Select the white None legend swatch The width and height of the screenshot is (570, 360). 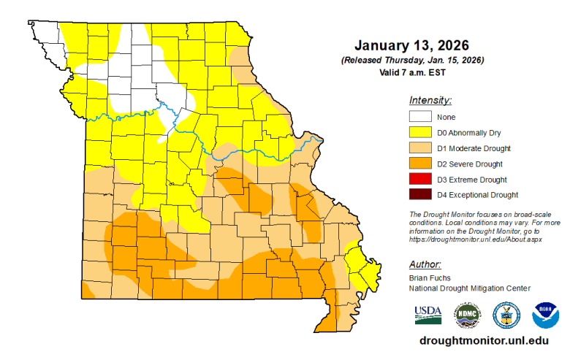[x=419, y=117]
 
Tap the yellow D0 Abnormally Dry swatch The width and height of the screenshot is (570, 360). [x=419, y=132]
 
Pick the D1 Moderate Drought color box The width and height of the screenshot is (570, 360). [x=419, y=148]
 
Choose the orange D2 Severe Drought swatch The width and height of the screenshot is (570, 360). [x=419, y=164]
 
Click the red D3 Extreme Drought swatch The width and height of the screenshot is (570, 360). [x=419, y=179]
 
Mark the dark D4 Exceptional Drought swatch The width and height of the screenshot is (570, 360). [x=419, y=194]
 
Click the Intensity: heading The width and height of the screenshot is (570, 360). [x=430, y=100]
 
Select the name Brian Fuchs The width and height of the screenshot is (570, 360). [x=429, y=278]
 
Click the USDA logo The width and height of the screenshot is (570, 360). [x=427, y=314]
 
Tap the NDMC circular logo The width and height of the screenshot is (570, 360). [x=468, y=315]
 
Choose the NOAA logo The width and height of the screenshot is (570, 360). [x=545, y=315]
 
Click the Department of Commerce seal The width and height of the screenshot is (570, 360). [x=506, y=315]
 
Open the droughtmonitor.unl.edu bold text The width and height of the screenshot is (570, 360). [x=484, y=341]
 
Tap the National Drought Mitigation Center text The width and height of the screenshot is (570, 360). [x=468, y=288]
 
